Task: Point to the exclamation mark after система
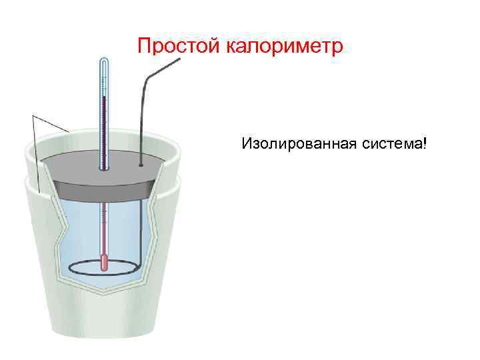coord(423,143)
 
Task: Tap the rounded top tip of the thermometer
coord(103,60)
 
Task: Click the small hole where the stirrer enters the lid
coord(140,163)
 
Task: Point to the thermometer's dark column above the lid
coord(104,127)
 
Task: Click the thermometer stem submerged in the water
coord(103,227)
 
